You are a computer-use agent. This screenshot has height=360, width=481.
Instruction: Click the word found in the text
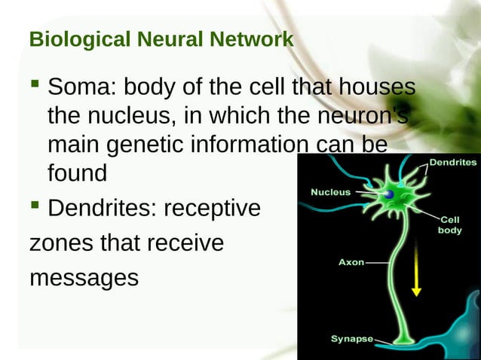[77, 173]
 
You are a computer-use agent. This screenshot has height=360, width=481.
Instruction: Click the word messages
[84, 278]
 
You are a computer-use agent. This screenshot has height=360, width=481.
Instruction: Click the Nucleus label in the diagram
[330, 192]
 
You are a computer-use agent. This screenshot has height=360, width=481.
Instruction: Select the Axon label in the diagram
[350, 263]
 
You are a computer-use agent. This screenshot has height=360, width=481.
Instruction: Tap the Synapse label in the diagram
[351, 339]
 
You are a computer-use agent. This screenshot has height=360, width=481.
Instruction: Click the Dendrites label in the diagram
[452, 162]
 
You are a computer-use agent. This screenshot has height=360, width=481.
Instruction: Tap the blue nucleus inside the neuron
[388, 195]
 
